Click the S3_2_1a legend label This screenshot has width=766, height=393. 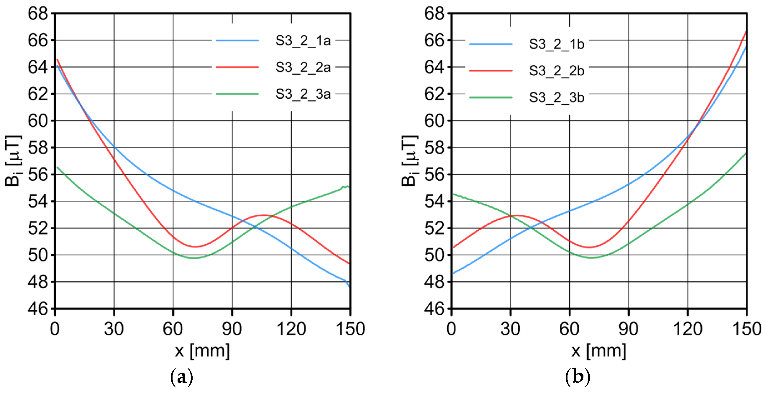tap(303, 40)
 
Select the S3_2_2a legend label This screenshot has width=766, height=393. tap(303, 67)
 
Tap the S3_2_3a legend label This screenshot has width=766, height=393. tap(303, 94)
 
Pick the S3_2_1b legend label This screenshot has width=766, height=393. tap(556, 44)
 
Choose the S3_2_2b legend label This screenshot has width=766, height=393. tap(556, 71)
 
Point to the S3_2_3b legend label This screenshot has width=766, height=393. tap(556, 98)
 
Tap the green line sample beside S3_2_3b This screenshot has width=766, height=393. tap(491, 97)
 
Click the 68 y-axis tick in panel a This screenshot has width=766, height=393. tap(38, 14)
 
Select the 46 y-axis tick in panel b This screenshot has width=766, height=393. tap(434, 309)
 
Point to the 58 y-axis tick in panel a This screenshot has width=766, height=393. tap(38, 148)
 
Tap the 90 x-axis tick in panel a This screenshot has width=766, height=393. tap(232, 329)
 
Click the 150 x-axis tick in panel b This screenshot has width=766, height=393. tap(747, 329)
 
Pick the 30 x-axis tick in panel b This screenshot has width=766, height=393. tap(510, 329)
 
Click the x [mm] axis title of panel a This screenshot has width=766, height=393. tap(202, 351)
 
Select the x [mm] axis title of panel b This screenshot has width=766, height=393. tap(598, 351)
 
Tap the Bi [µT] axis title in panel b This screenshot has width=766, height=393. tap(409, 161)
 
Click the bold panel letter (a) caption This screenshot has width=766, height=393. tap(181, 377)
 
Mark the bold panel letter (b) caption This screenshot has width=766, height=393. tap(578, 377)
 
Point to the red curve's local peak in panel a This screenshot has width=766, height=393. tap(263, 215)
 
